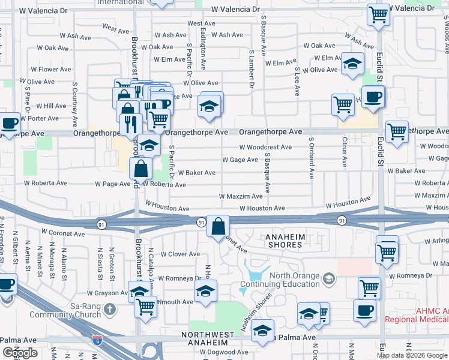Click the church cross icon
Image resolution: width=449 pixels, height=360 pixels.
tap(109, 310)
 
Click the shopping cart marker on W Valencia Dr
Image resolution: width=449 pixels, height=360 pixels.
tap(379, 14)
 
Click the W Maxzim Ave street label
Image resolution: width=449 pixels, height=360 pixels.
tap(241, 196)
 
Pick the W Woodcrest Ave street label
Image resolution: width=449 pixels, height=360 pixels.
tap(265, 147)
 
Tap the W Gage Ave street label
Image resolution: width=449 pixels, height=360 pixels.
tap(240, 160)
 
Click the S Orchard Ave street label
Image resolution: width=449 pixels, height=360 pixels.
tap(312, 158)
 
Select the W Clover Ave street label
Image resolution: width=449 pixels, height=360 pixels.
tap(180, 254)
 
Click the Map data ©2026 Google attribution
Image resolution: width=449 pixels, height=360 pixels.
tap(412, 355)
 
